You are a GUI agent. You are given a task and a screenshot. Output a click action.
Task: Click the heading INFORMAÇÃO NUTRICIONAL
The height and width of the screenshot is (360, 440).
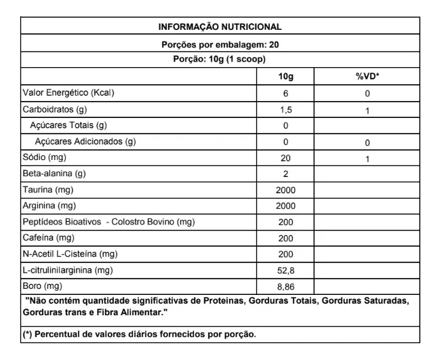[220, 28]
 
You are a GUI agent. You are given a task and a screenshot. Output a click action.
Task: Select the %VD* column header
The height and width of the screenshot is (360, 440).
[367, 77]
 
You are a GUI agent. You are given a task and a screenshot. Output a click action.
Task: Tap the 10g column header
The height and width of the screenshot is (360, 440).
[285, 77]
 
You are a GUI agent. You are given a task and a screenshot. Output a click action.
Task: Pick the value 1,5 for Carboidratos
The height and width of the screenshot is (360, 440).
[285, 110]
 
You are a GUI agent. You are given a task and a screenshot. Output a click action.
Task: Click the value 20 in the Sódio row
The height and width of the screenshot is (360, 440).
[285, 159]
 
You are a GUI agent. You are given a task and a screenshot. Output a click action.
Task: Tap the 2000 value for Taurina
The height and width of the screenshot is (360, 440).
[285, 191]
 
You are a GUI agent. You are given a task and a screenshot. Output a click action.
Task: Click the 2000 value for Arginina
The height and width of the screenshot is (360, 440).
[285, 207]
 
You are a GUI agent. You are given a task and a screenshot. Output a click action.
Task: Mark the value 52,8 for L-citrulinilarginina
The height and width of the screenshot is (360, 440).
[285, 271]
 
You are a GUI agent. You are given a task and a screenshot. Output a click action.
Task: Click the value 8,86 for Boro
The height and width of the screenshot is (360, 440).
[285, 287]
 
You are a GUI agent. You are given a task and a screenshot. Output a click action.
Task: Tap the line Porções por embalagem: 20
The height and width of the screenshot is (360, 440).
[220, 45]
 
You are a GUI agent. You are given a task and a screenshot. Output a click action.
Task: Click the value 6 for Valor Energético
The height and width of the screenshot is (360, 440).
[285, 93]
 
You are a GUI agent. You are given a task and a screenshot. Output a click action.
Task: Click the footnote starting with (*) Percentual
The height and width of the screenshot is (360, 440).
[140, 336]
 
